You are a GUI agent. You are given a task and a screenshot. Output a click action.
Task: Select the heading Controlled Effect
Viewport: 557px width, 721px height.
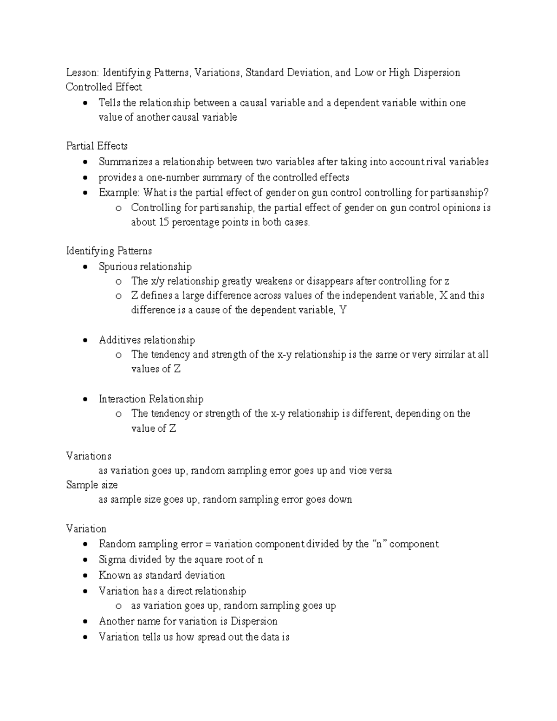click(x=104, y=87)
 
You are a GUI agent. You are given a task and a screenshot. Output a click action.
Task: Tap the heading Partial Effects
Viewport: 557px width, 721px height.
click(x=97, y=146)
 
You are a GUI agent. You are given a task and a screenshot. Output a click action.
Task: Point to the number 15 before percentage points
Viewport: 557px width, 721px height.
click(x=163, y=222)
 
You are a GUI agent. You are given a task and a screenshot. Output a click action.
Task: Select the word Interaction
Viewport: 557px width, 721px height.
click(x=122, y=399)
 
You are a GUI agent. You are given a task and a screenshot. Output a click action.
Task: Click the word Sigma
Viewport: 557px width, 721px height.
click(x=112, y=560)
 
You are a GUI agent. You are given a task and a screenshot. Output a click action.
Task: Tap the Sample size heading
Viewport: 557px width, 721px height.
click(x=92, y=485)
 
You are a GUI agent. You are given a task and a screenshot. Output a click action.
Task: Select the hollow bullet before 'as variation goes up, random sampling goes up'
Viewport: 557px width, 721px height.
click(x=119, y=606)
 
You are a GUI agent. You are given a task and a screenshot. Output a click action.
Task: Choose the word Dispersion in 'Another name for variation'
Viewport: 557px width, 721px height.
click(x=254, y=622)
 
